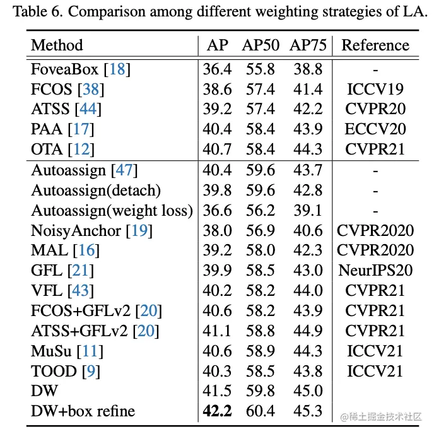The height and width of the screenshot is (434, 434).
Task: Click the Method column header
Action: pos(57,45)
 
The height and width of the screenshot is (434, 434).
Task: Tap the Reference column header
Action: pos(375,45)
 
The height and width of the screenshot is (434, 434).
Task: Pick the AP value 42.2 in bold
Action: pos(217,411)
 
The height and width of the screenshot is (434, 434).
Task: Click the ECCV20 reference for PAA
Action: pos(375,129)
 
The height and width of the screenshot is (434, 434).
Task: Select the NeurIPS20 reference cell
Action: pos(375,271)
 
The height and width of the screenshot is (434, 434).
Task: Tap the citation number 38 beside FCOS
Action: pos(91,89)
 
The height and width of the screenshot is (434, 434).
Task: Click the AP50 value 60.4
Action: pos(261,411)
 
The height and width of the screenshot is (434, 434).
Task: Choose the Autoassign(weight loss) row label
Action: pos(112,210)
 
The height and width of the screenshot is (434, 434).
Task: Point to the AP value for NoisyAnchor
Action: pos(217,230)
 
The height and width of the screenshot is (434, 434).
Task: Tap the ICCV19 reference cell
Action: pos(375,89)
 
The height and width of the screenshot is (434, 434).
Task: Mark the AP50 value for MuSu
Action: pos(261,351)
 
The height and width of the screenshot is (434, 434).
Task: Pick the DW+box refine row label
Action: pos(83,411)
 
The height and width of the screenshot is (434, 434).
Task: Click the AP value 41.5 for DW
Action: pos(217,391)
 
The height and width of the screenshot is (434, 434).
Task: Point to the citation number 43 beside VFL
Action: pos(83,291)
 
